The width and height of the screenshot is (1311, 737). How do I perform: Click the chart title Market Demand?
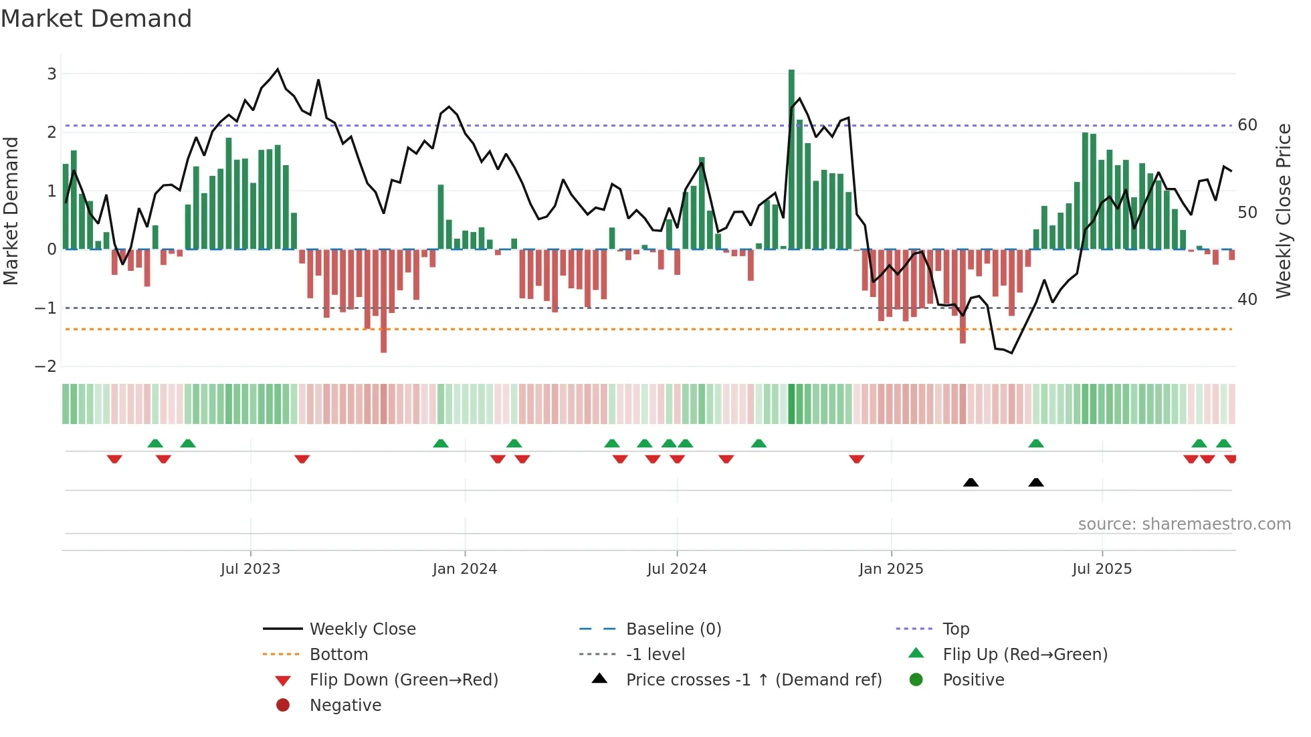96,19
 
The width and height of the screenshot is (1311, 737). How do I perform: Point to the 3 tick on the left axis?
52,74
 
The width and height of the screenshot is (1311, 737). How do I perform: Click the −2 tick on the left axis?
46,366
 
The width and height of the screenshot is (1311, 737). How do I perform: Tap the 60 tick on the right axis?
1247,125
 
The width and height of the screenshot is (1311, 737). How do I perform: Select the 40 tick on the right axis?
1247,300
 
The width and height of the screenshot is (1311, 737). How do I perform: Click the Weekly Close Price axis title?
1283,211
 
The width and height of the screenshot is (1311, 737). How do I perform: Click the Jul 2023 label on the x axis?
250,569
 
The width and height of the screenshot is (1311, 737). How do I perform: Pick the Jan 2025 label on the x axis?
891,569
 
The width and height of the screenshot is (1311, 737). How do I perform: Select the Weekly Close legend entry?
362,629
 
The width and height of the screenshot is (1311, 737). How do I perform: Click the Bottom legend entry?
338,655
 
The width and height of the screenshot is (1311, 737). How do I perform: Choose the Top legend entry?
956,629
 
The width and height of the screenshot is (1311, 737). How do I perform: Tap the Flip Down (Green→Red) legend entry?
403,680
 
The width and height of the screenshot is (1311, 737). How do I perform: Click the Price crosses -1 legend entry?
753,680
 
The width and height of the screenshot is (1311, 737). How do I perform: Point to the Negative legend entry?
345,706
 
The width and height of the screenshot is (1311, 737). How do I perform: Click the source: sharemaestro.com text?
1184,524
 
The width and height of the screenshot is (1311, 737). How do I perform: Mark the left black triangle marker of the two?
971,483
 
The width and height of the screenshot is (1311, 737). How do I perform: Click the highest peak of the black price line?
278,69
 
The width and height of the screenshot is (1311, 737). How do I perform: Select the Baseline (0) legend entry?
673,629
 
